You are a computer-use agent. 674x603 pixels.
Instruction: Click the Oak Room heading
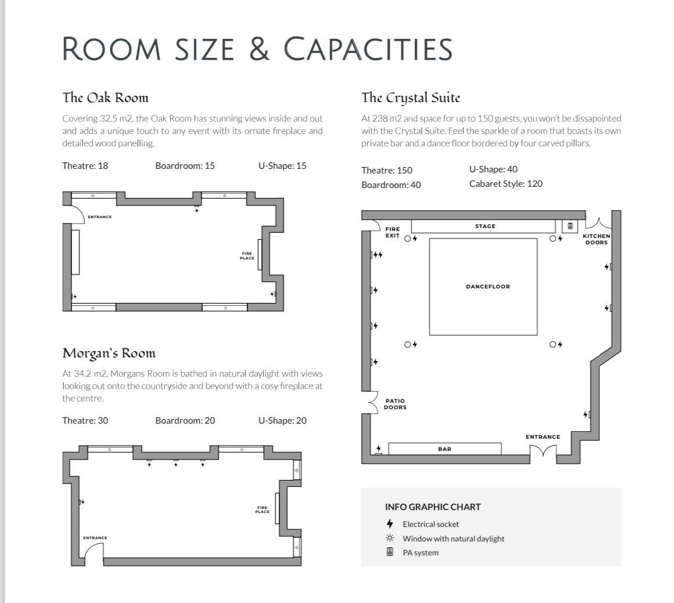click(105, 98)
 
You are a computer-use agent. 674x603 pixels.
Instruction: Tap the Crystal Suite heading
click(411, 98)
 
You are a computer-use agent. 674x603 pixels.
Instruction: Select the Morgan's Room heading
click(109, 353)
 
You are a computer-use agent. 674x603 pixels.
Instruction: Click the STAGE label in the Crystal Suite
click(485, 226)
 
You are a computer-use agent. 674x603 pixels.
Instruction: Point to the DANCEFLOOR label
click(488, 287)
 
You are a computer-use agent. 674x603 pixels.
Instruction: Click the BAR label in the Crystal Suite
click(445, 449)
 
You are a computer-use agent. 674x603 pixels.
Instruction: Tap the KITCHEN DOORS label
click(597, 239)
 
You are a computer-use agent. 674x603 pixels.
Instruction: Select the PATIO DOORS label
click(395, 404)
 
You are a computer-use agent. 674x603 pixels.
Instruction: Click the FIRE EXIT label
click(392, 232)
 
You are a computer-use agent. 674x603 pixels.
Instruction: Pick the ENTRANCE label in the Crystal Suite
click(543, 437)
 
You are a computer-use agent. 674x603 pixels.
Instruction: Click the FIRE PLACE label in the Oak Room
click(247, 255)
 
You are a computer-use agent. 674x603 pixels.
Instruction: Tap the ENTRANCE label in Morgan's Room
click(95, 538)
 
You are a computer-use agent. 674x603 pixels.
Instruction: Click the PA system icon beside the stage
click(570, 226)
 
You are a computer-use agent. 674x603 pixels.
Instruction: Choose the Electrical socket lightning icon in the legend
click(390, 523)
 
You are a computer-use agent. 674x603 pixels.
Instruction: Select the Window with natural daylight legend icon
click(390, 538)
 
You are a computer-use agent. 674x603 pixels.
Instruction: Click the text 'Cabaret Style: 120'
click(506, 184)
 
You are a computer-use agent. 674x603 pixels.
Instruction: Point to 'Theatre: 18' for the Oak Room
click(85, 166)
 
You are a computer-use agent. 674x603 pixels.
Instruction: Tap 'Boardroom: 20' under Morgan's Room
click(185, 420)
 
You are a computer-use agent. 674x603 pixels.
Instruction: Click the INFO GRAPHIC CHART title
click(433, 507)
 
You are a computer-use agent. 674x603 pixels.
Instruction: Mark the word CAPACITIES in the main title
click(368, 49)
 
